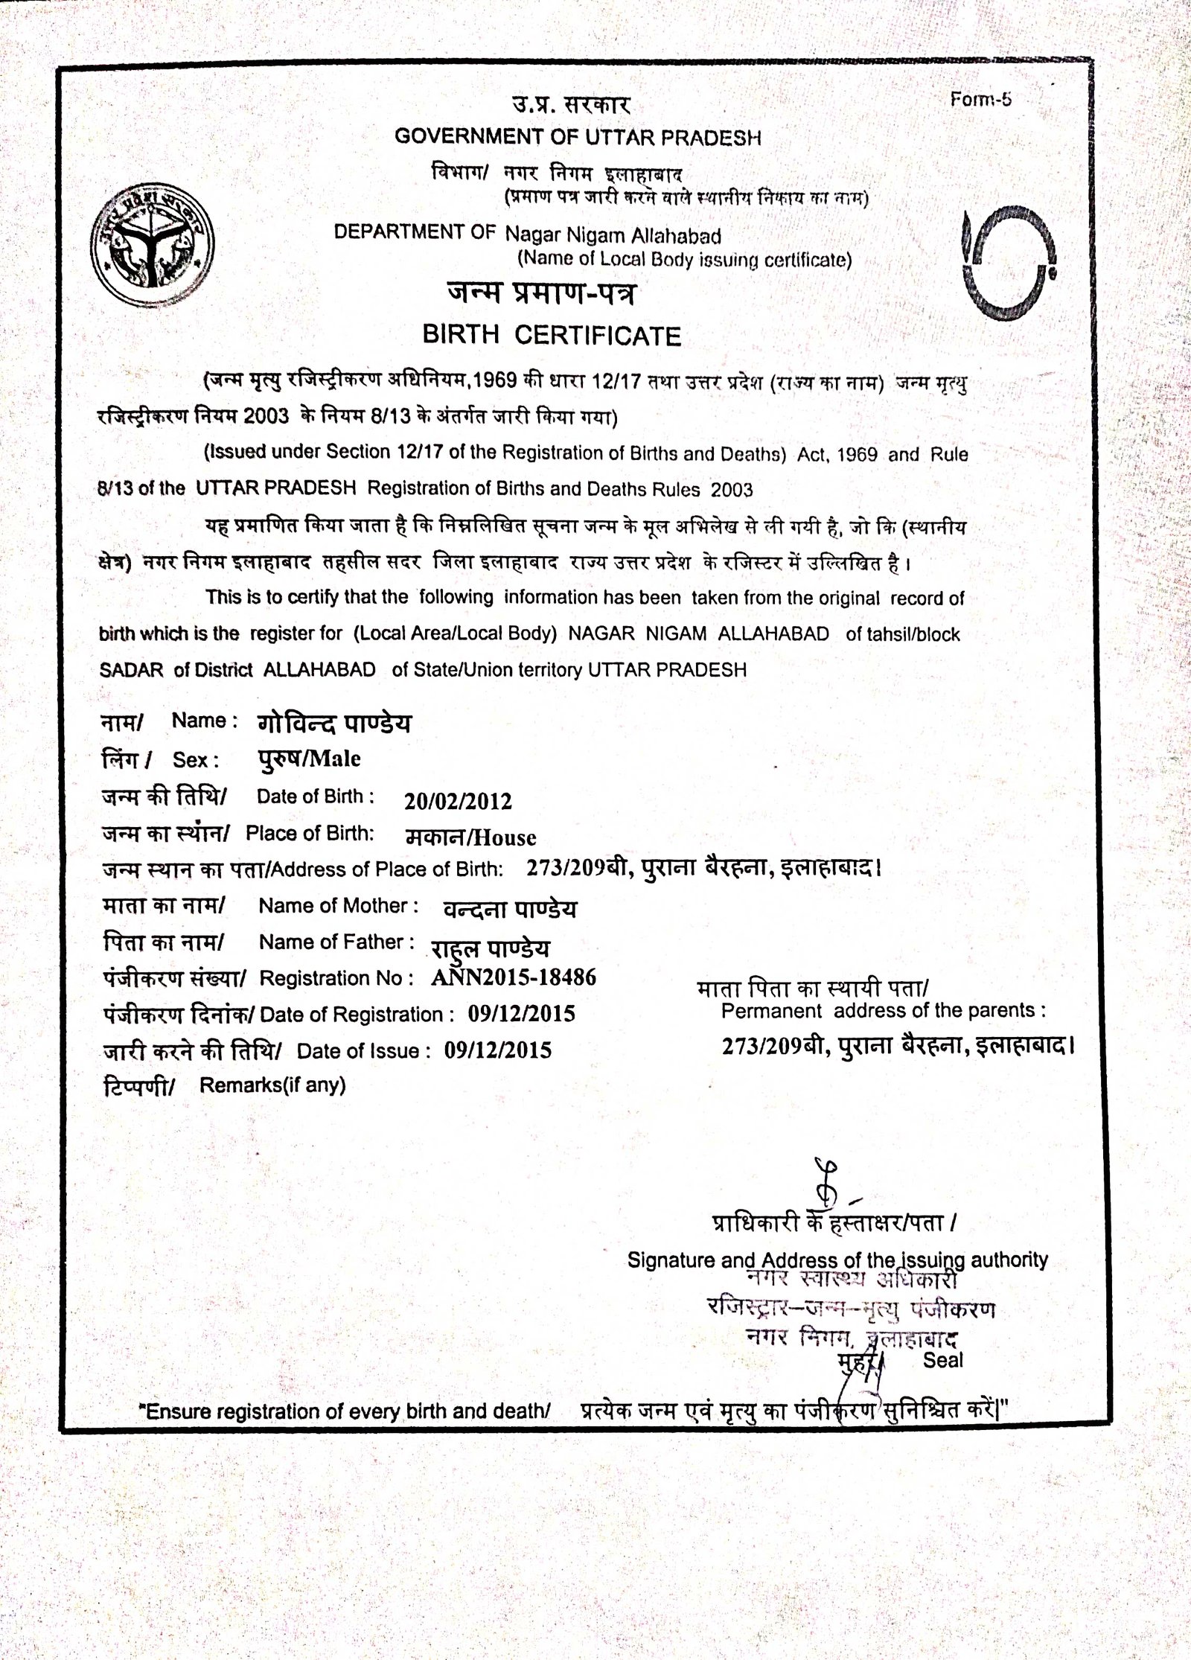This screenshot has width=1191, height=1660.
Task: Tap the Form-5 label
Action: pyautogui.click(x=981, y=100)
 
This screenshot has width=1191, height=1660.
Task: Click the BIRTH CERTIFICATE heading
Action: pyautogui.click(x=552, y=336)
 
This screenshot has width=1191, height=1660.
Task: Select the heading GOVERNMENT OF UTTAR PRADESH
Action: pyautogui.click(x=578, y=137)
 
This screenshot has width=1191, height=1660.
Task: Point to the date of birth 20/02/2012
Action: pyautogui.click(x=458, y=800)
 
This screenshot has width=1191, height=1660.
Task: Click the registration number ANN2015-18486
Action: pyautogui.click(x=514, y=977)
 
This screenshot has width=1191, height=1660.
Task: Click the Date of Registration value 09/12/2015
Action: pyautogui.click(x=521, y=1014)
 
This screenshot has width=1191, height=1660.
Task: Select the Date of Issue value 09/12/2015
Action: pyautogui.click(x=498, y=1050)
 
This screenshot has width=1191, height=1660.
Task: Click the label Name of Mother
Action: pyautogui.click(x=333, y=906)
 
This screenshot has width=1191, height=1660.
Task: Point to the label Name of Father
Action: pyautogui.click(x=336, y=942)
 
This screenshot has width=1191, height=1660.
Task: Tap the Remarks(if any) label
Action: pyautogui.click(x=272, y=1085)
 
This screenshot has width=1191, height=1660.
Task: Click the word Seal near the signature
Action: pyautogui.click(x=943, y=1360)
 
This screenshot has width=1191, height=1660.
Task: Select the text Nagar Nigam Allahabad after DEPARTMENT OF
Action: pyautogui.click(x=613, y=236)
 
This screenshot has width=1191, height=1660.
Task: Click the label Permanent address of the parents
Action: pyautogui.click(x=884, y=1011)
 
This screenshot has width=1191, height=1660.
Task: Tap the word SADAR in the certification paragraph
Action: pyautogui.click(x=131, y=669)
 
